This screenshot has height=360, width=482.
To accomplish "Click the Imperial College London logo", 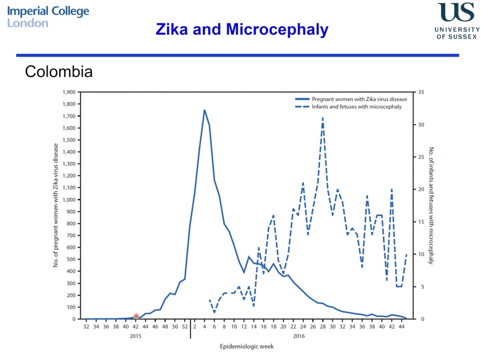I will [x=48, y=16].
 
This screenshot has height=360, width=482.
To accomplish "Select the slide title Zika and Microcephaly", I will [x=242, y=29].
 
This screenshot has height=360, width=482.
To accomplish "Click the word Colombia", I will [x=59, y=72].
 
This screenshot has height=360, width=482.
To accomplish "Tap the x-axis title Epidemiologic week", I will [x=246, y=346].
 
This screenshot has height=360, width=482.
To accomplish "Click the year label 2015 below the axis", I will [x=135, y=336].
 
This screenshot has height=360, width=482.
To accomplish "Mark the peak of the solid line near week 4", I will [x=204, y=110].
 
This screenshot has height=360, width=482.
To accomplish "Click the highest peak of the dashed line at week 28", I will [x=323, y=118].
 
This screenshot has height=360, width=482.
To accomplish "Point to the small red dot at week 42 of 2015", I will [x=136, y=316].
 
